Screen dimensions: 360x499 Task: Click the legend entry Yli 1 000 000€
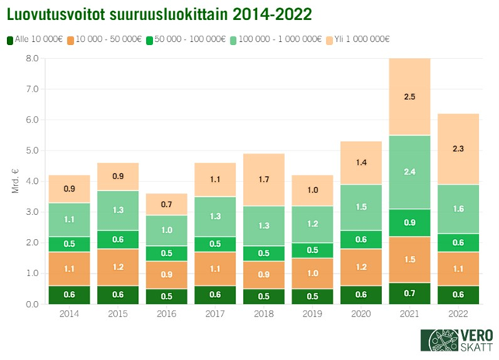point(360,40)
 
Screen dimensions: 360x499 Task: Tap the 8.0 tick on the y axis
point(31,58)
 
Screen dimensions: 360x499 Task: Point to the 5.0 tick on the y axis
point(31,151)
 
